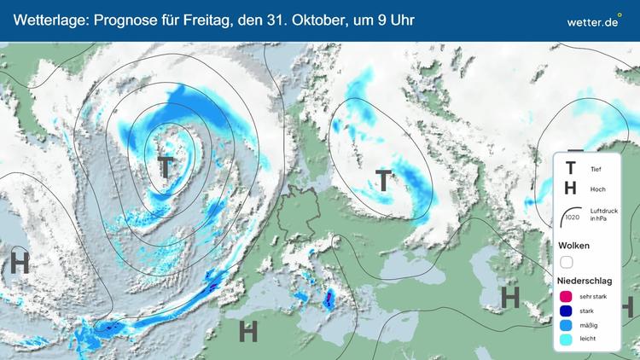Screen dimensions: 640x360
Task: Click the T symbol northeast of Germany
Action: (384, 180)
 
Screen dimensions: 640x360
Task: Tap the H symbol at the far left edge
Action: (19, 263)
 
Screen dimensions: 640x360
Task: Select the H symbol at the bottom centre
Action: (248, 330)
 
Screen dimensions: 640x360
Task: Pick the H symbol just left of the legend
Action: (510, 297)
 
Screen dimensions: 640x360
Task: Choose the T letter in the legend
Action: (570, 169)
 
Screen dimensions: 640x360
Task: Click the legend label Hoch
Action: (597, 189)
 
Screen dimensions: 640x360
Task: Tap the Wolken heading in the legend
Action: (573, 246)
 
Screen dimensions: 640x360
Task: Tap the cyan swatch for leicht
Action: (567, 339)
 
